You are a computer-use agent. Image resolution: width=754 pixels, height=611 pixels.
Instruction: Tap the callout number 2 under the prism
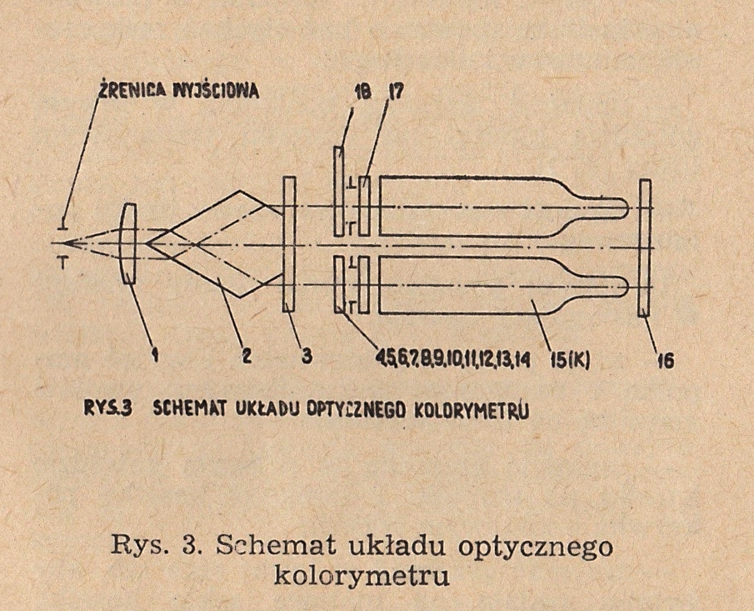[246, 355]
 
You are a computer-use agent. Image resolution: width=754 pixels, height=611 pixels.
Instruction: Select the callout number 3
[307, 355]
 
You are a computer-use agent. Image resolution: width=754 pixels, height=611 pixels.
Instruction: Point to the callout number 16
[666, 360]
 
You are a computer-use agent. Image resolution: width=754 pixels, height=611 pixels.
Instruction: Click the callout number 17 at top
[397, 92]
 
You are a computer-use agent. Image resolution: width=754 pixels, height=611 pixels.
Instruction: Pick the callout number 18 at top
[362, 92]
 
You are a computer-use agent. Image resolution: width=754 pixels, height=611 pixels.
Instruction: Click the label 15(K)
[570, 359]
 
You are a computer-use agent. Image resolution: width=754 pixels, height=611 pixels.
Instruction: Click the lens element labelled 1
[129, 243]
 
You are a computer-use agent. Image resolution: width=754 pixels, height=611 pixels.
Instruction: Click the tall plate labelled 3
[289, 244]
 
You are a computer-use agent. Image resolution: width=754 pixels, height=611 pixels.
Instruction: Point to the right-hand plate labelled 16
[644, 248]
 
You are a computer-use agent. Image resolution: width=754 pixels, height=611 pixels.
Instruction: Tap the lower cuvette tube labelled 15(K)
[503, 285]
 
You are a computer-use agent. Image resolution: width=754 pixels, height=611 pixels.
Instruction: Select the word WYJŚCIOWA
[216, 91]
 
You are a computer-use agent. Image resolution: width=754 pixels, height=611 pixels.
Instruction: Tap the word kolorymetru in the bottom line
[362, 575]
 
